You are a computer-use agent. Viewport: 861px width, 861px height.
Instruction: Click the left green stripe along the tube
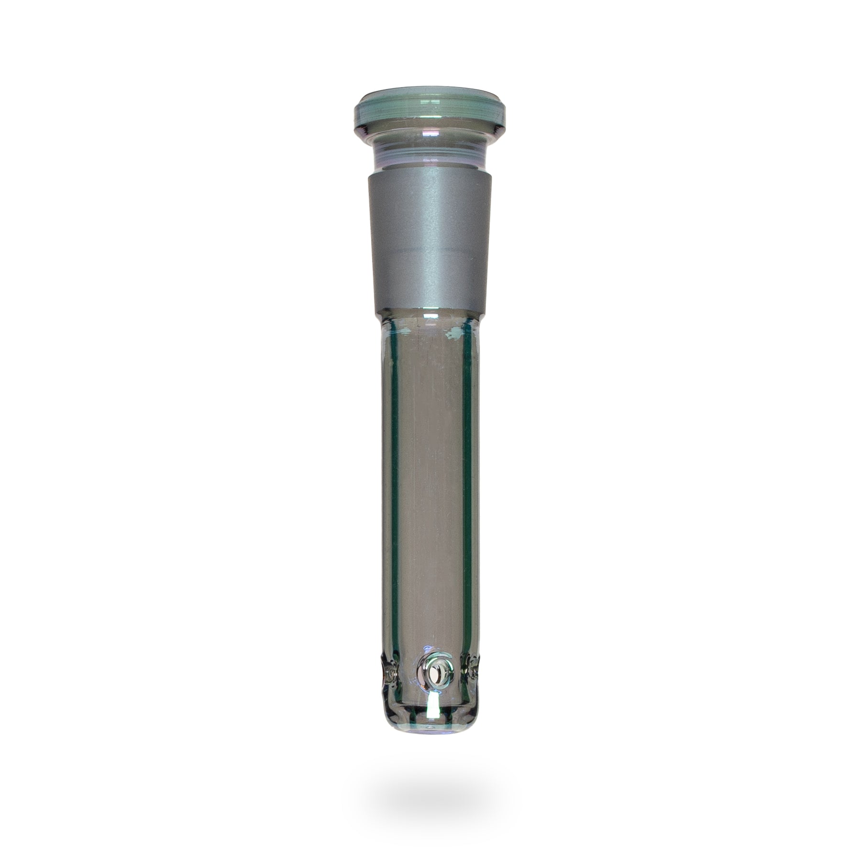(x=395, y=478)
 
